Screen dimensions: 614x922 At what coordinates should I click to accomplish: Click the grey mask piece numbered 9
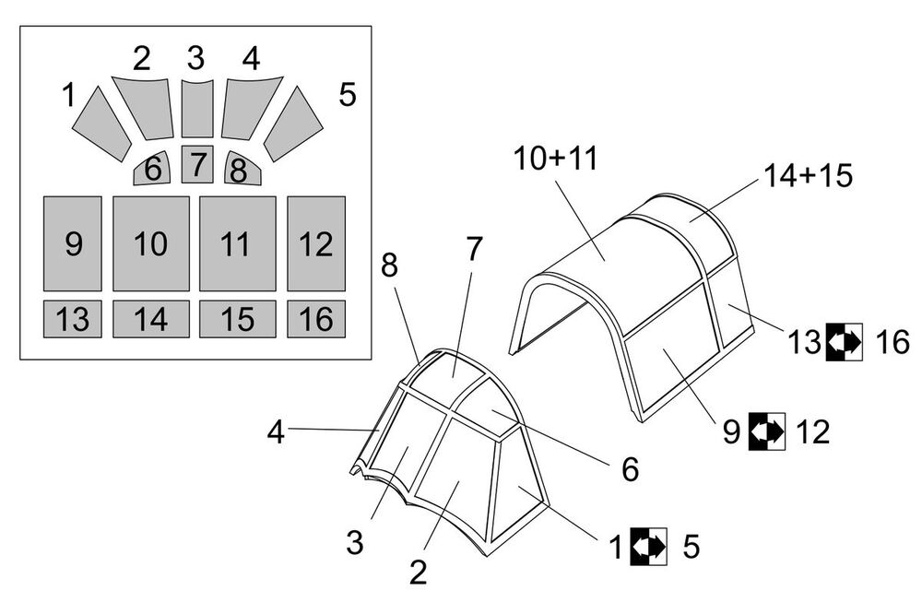click(x=73, y=243)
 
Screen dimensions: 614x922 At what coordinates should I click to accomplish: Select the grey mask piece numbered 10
click(x=150, y=243)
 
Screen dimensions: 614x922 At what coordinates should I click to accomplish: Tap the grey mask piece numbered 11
click(x=237, y=243)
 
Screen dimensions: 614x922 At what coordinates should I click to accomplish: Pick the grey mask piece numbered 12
click(x=316, y=243)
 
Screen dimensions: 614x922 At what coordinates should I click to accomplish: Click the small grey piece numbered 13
click(x=73, y=319)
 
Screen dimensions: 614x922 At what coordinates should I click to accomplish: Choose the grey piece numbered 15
click(x=237, y=319)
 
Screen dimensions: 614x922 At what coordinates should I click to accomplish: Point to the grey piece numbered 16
click(x=316, y=319)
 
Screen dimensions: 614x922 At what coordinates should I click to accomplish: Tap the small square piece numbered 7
click(x=197, y=164)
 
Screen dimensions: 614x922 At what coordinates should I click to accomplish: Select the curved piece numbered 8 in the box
click(x=242, y=169)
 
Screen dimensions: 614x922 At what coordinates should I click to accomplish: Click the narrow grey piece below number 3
click(x=196, y=108)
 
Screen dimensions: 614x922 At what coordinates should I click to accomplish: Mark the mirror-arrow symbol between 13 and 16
click(x=844, y=342)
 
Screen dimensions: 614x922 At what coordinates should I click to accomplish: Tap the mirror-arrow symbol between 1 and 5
click(x=649, y=546)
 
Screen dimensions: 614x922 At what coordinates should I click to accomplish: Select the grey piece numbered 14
click(x=150, y=319)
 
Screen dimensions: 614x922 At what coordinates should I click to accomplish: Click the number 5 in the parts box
click(x=347, y=95)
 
